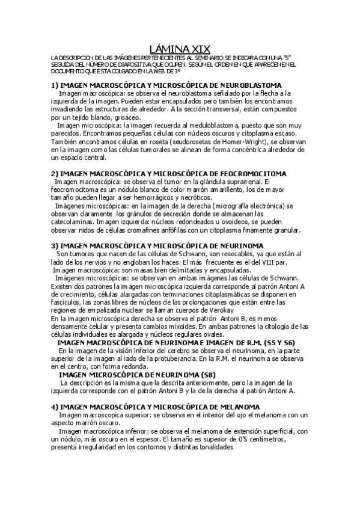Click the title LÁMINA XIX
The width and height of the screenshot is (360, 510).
coord(180,48)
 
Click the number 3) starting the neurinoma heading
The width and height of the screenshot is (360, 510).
coord(54,245)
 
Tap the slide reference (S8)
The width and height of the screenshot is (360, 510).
coord(208,375)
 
